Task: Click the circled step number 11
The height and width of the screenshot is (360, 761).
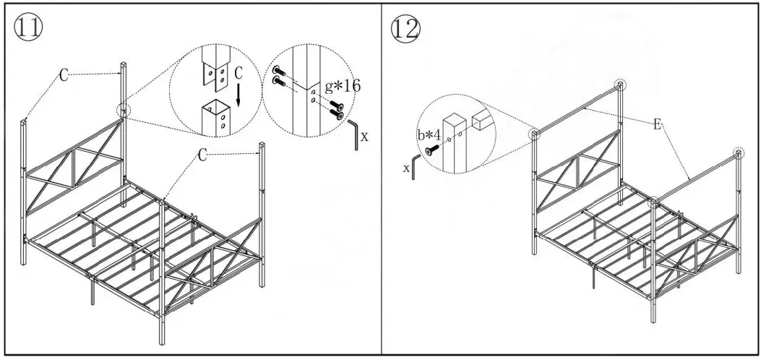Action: point(27,27)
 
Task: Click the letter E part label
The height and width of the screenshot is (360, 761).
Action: point(656,124)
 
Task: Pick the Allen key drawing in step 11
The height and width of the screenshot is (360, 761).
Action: point(353,134)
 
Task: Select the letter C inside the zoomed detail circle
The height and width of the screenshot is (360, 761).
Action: point(239,74)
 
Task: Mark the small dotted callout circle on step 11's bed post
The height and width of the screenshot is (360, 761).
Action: point(125,110)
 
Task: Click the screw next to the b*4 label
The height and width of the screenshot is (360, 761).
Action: point(433,150)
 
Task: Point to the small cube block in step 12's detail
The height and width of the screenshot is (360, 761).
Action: point(483,119)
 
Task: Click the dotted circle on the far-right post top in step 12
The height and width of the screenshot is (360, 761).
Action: point(738,153)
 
